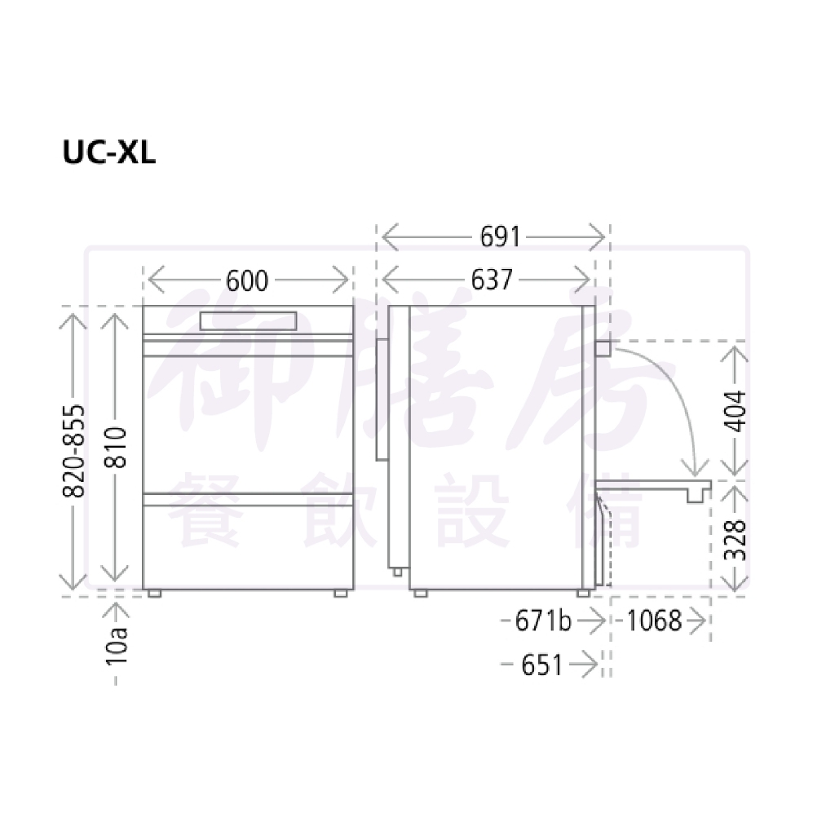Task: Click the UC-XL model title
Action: click(x=109, y=152)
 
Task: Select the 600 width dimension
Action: click(x=246, y=281)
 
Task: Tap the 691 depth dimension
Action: click(x=500, y=236)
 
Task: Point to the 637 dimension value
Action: click(x=492, y=280)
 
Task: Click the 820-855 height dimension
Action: click(x=73, y=451)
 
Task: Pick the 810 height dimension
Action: click(x=115, y=448)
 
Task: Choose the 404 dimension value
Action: click(x=735, y=411)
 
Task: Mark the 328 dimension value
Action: click(x=735, y=540)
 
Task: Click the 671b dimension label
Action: click(x=543, y=621)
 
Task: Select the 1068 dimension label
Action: click(x=655, y=621)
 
